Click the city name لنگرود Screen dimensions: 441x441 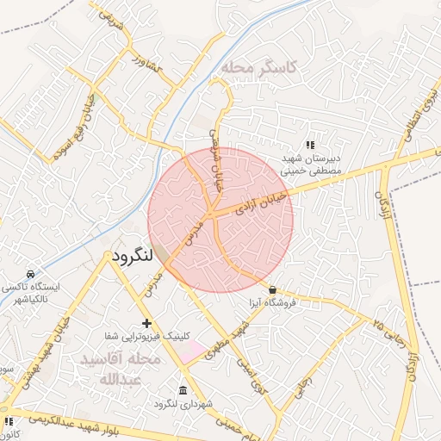point(132,256)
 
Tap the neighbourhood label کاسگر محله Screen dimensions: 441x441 point(258,67)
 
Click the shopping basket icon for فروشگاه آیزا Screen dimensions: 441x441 point(273,289)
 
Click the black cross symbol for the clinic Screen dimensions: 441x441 point(147,324)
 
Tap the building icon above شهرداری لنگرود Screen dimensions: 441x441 point(183,390)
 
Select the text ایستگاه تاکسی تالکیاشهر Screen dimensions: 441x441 point(31,292)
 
